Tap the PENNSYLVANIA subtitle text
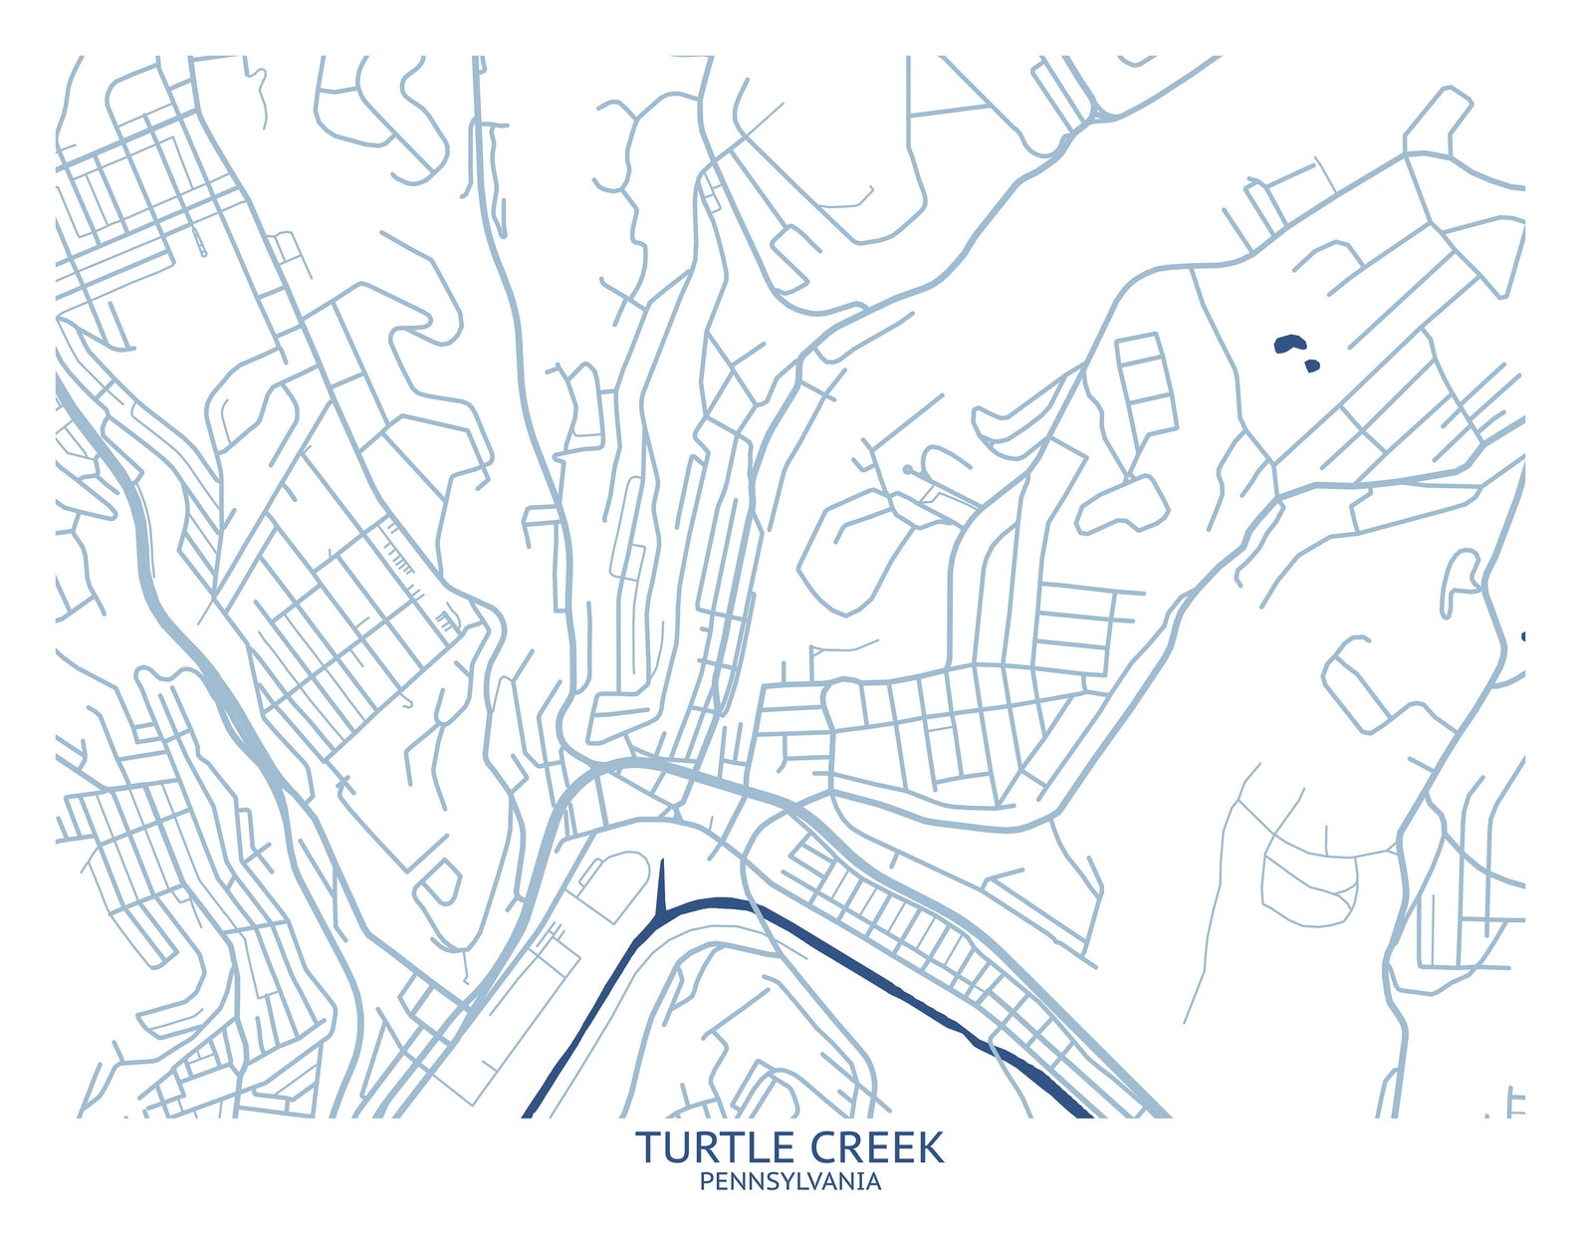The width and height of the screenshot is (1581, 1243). coord(790,1182)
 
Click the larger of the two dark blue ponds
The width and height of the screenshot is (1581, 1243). coord(1289,345)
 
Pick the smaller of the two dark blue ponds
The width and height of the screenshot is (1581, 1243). coord(1311,367)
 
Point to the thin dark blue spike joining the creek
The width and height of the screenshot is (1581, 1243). coord(661,885)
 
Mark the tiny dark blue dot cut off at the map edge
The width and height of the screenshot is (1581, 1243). coord(1522,636)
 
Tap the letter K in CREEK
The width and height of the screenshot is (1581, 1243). coord(929,1147)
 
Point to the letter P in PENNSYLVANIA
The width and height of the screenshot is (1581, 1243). coord(706,1182)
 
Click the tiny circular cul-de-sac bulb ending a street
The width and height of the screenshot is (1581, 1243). coord(907,468)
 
